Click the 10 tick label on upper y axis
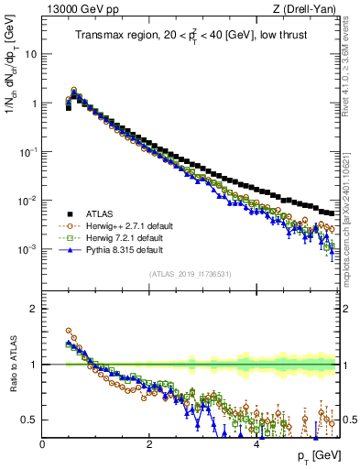click(x=30, y=53)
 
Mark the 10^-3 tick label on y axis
click(x=27, y=250)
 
